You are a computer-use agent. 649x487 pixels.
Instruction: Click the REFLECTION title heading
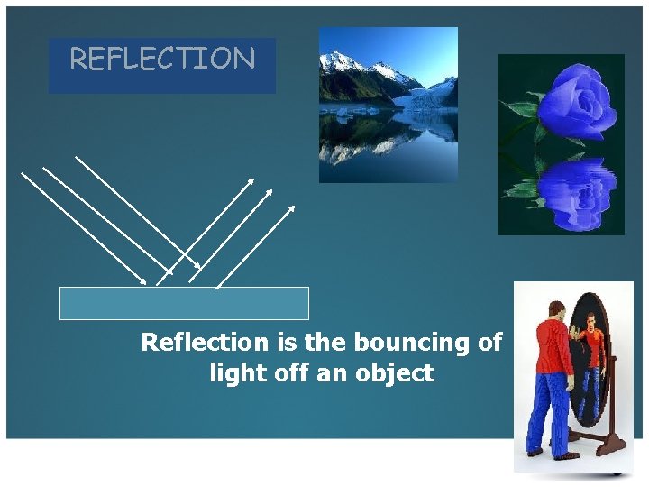(162, 60)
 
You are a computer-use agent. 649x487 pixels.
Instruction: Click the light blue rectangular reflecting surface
(184, 303)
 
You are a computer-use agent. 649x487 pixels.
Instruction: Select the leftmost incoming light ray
(81, 225)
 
